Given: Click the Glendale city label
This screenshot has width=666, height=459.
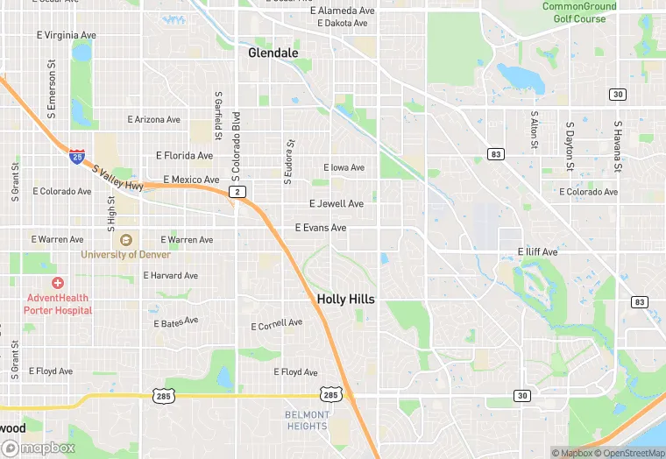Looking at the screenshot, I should click(273, 53).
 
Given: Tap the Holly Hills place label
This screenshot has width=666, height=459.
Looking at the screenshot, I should click(345, 299).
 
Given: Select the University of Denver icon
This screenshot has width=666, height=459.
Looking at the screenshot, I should click(126, 240).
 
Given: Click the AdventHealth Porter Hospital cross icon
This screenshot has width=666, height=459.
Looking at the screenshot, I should click(58, 283).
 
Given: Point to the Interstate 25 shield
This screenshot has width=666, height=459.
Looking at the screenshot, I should click(78, 157).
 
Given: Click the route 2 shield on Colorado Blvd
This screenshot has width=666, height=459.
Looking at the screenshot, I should click(236, 191).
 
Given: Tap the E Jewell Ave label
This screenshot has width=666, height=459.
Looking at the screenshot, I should click(337, 204).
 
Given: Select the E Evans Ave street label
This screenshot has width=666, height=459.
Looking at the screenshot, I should click(321, 228).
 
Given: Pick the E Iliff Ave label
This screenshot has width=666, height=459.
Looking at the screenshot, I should click(537, 252).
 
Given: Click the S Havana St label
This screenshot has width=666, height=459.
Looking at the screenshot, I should click(618, 146).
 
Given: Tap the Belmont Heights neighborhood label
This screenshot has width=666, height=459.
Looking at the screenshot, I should click(307, 420).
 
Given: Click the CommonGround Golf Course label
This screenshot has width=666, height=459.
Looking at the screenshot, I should click(579, 12).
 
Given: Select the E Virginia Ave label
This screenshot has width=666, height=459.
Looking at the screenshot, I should click(66, 36).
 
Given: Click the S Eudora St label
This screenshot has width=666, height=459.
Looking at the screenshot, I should click(287, 162).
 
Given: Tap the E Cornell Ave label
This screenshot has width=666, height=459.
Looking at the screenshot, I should click(277, 325).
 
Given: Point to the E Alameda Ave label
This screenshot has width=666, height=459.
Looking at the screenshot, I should click(343, 11).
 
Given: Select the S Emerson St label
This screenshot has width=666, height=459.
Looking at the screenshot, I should click(53, 89).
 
